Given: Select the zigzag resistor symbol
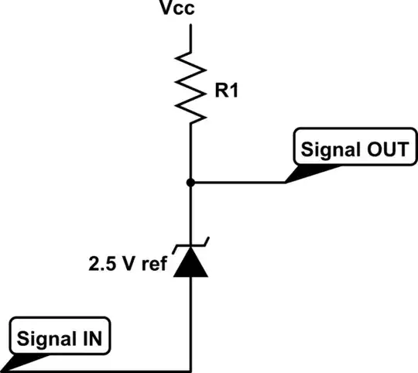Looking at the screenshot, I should click(190, 85).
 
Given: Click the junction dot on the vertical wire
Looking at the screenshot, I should click(190, 183).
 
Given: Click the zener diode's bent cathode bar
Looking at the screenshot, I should click(190, 249).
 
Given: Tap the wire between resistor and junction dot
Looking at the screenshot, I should click(190, 155).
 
